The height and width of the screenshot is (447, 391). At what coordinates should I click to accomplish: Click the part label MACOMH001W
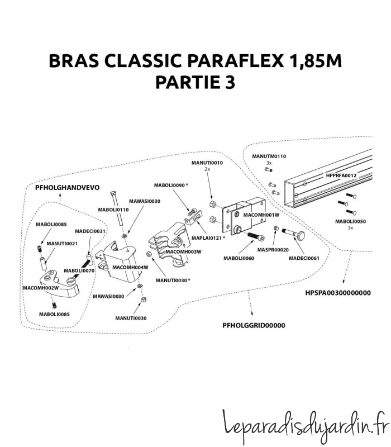click(261, 215)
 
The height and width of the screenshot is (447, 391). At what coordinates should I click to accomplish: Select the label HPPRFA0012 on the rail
click(341, 175)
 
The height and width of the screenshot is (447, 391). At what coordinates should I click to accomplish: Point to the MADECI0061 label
click(304, 258)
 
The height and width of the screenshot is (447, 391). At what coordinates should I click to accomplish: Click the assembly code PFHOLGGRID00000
click(254, 325)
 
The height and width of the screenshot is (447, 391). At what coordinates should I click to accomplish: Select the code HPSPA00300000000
click(338, 292)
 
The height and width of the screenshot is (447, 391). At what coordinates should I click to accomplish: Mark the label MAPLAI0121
click(207, 238)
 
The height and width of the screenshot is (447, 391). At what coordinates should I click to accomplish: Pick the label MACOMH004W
click(130, 267)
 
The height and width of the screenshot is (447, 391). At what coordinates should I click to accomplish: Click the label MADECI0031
click(90, 231)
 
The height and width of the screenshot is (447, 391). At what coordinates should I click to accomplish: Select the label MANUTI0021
click(62, 244)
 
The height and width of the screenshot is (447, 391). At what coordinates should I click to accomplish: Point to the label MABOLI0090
click(170, 185)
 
